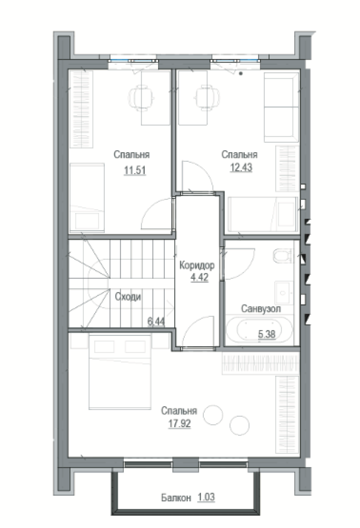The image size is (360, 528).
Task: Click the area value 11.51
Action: (135, 170)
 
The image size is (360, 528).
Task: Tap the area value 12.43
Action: (241, 167)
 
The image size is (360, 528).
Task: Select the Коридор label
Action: (197, 265)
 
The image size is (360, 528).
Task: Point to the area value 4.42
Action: (199, 277)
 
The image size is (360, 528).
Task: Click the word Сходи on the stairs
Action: (128, 296)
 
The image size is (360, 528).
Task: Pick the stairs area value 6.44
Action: (156, 322)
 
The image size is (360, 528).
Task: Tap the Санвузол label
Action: (261, 308)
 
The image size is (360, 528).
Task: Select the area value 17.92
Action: (179, 424)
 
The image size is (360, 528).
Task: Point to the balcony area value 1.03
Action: (206, 497)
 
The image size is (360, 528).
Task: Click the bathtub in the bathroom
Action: (259, 329)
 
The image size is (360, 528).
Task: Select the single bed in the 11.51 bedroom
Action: (87, 198)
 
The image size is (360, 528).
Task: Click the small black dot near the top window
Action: (241, 73)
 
